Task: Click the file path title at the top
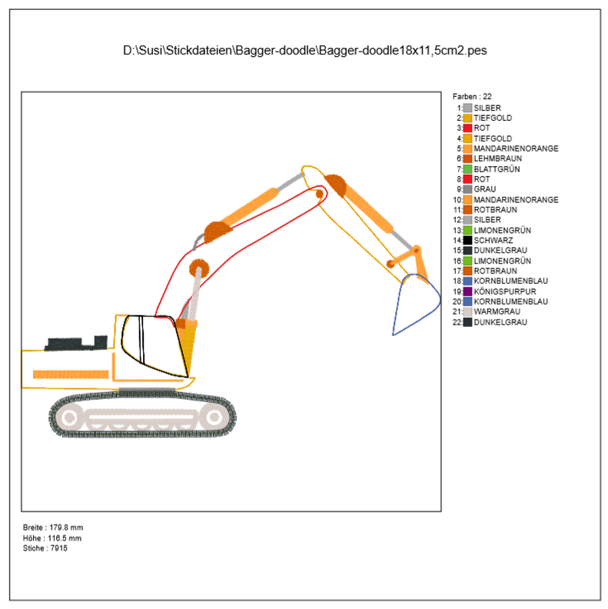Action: (304, 51)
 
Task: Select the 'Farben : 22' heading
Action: (472, 96)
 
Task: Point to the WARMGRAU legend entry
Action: (497, 311)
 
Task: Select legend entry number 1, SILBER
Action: (487, 108)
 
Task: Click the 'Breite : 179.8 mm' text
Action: (53, 527)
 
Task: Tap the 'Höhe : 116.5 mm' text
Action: (52, 537)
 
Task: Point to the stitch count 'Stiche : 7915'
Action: (45, 547)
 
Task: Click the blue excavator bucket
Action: (414, 304)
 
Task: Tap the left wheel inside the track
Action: (70, 418)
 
